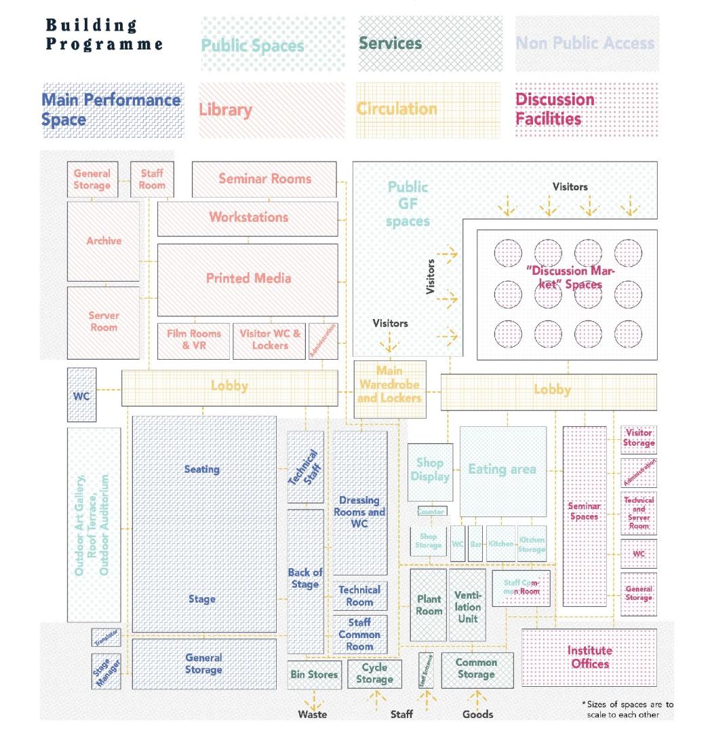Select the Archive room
tap(103, 240)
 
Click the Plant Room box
tap(428, 605)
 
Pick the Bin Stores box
tap(313, 675)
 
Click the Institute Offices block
tap(589, 657)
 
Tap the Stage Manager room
tap(106, 671)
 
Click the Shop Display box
tap(430, 469)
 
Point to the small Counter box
tap(432, 511)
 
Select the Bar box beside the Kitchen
tap(475, 543)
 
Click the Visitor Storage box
tap(639, 439)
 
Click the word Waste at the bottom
tap(313, 715)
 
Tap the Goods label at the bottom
tap(477, 715)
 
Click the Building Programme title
tap(104, 35)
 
